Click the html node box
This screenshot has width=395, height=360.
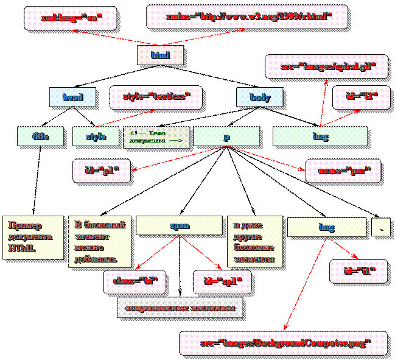point(159,55)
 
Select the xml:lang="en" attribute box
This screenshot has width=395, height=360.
point(69,18)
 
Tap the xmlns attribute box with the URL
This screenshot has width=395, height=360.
point(248,17)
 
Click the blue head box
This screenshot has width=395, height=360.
point(73,97)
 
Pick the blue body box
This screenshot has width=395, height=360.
point(260,97)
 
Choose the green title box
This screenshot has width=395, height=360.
point(41,136)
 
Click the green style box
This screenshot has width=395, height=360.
point(96,136)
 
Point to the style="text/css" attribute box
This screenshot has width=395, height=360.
point(156,96)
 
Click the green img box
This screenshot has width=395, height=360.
point(320,136)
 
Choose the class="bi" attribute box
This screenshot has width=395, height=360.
point(135,281)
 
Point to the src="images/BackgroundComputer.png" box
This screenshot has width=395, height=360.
point(284,342)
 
